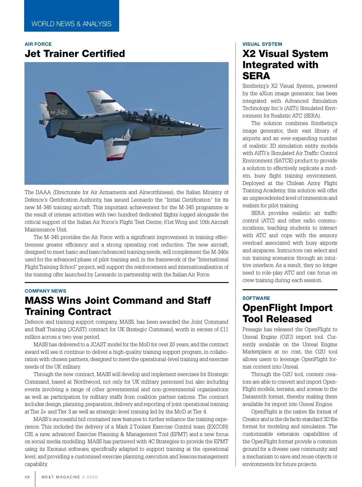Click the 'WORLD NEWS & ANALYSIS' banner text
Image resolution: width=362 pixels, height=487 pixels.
click(71, 24)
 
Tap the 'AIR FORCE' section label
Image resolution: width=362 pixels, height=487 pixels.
click(38, 44)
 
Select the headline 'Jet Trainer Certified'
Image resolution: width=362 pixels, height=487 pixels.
click(75, 54)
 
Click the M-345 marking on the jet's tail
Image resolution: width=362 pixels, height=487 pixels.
click(59, 112)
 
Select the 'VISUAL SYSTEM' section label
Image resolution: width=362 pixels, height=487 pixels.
click(262, 44)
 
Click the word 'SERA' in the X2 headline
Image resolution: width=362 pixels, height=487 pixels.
click(256, 76)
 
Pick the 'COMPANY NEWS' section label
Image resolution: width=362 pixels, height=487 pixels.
click(45, 291)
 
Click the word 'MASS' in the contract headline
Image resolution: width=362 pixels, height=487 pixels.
click(39, 300)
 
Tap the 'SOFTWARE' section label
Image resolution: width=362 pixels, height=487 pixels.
click(256, 298)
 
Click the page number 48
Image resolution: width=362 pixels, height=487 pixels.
click(27, 477)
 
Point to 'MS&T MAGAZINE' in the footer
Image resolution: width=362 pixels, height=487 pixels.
click(61, 477)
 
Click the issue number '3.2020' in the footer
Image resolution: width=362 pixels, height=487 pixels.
click(90, 477)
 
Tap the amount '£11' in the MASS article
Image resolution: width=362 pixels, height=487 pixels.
click(224, 329)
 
